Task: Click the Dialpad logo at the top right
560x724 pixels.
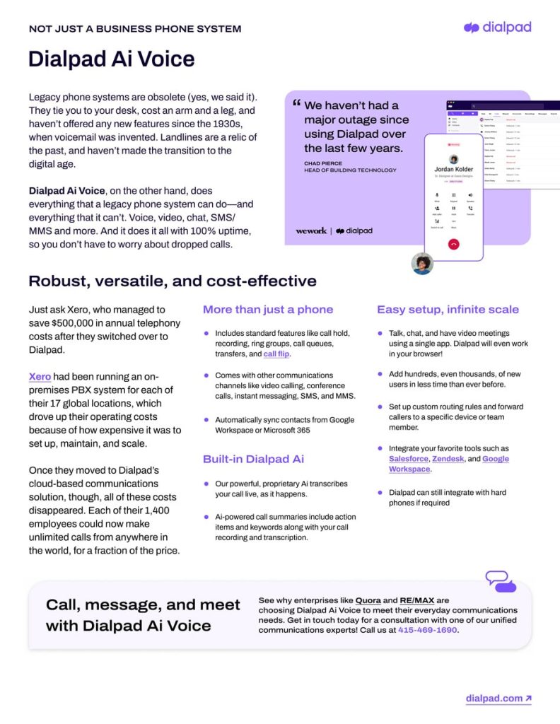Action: click(497, 28)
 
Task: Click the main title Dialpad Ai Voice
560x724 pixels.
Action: click(111, 59)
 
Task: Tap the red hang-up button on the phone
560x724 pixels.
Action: click(453, 244)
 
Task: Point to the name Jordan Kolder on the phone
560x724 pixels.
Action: click(453, 169)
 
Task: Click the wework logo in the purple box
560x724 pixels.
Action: click(311, 230)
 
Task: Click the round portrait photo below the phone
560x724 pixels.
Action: click(422, 263)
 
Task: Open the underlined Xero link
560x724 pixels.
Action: click(40, 377)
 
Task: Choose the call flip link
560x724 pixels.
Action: click(276, 354)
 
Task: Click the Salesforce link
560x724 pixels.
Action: click(408, 459)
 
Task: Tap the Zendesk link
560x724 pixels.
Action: click(448, 459)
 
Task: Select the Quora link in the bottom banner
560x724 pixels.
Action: click(368, 600)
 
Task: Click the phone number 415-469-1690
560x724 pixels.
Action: click(428, 630)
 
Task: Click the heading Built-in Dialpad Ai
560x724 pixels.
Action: click(253, 460)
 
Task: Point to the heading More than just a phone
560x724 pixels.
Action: click(268, 310)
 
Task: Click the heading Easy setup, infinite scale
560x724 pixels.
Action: click(448, 310)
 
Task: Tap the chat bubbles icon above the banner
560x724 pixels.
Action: click(500, 581)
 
